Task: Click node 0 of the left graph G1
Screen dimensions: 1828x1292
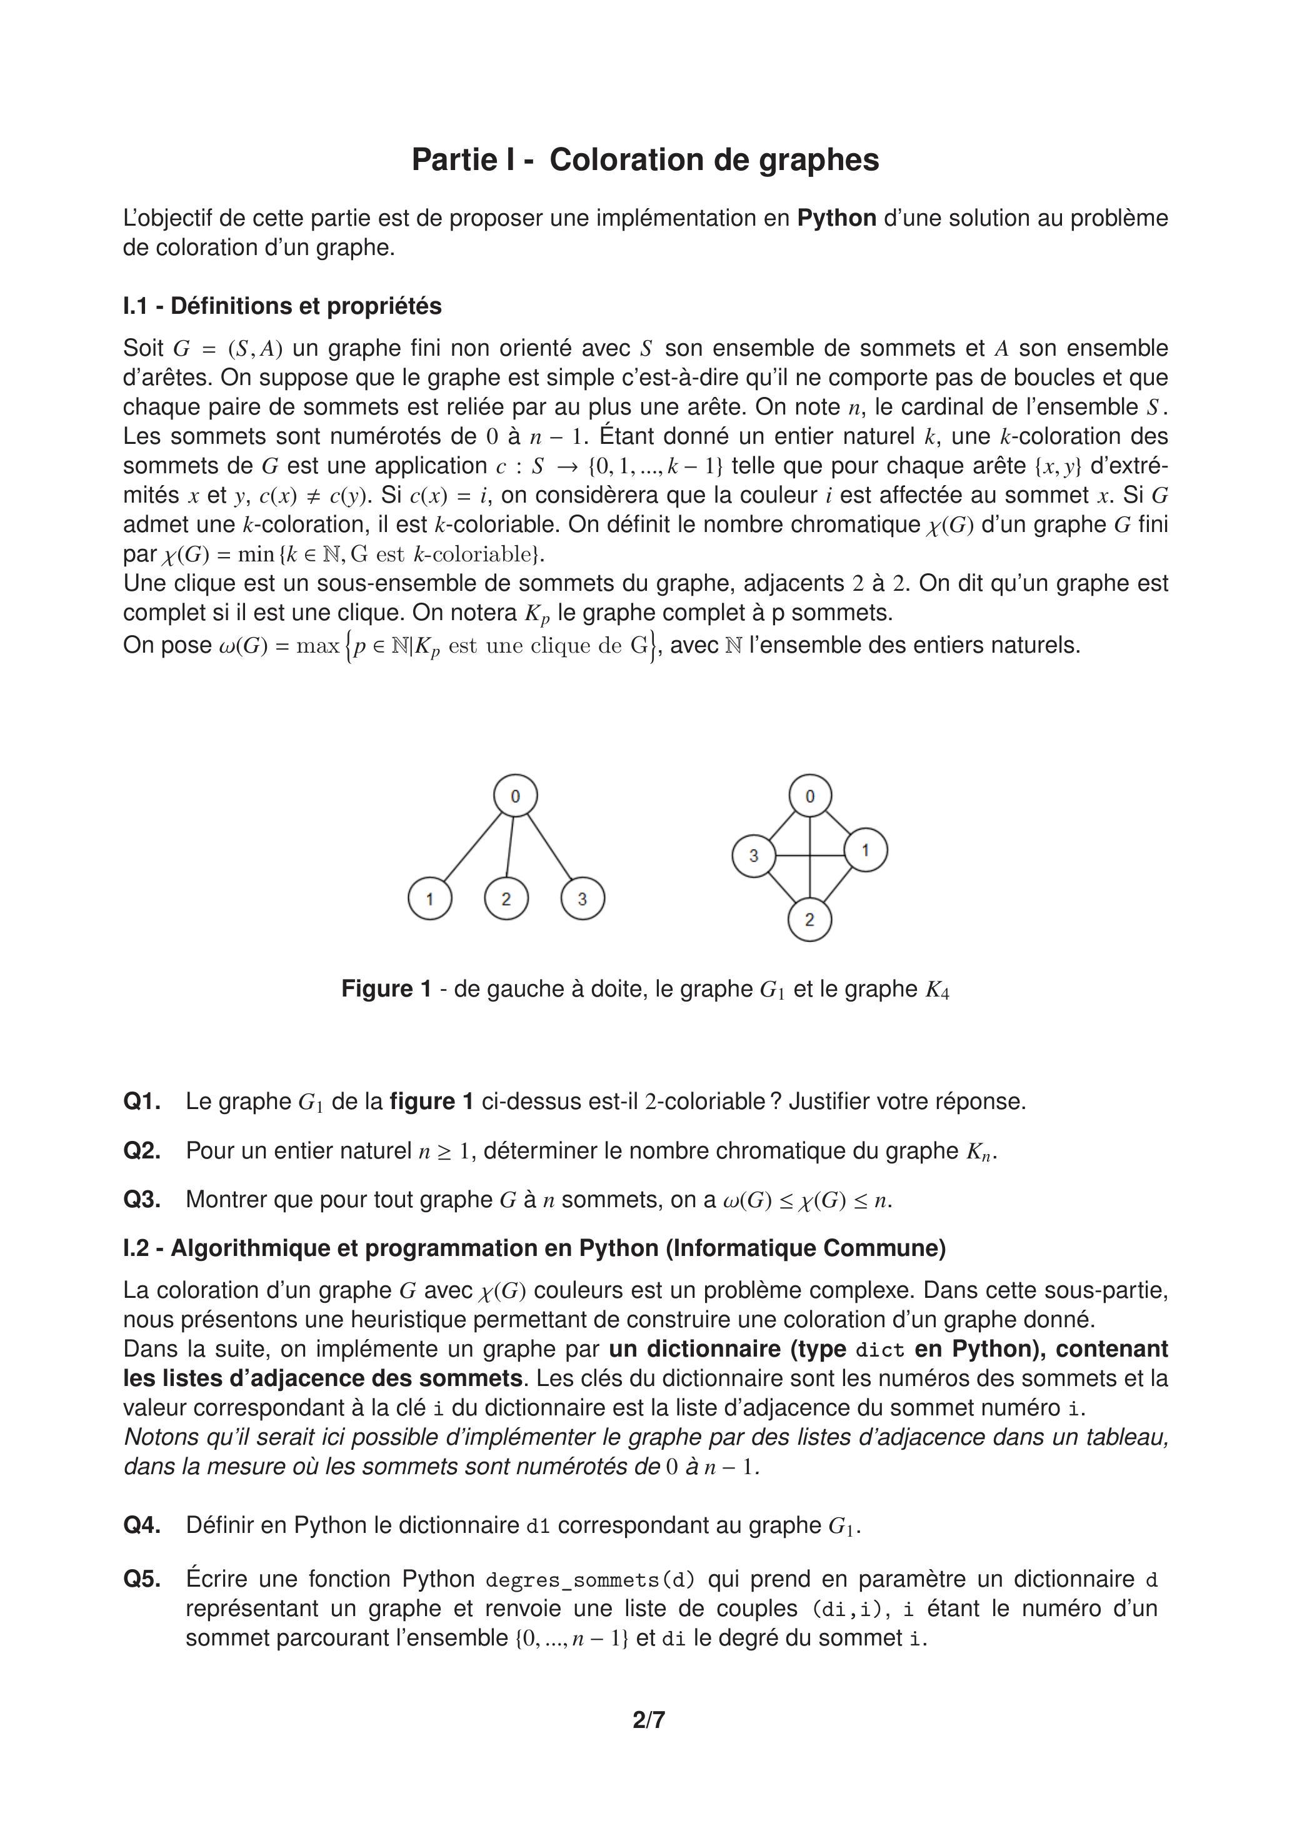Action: point(515,795)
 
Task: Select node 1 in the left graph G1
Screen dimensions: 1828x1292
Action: point(430,898)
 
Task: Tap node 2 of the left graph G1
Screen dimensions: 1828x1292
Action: point(506,898)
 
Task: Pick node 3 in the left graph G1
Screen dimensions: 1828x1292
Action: point(583,898)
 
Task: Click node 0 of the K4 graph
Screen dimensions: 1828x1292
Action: point(810,795)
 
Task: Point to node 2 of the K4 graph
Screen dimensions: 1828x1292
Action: point(809,920)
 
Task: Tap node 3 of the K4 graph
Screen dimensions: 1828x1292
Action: point(754,856)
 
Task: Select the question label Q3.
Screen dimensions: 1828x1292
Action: point(142,1199)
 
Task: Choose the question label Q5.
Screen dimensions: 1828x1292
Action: point(142,1579)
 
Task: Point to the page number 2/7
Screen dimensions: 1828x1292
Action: point(649,1720)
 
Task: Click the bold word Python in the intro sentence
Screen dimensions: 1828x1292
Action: point(837,218)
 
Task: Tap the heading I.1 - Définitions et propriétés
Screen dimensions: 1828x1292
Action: point(282,306)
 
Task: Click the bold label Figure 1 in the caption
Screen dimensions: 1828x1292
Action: point(386,989)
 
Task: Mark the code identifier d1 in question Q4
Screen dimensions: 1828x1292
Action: point(538,1525)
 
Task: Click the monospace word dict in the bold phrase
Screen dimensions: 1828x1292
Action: point(879,1350)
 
